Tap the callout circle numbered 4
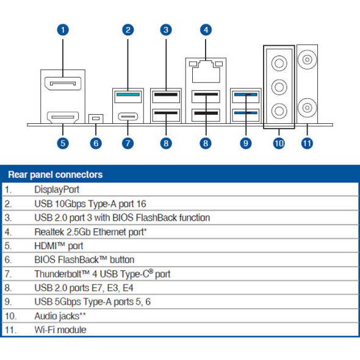tap(206, 29)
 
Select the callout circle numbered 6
tap(95, 143)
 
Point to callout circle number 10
tap(279, 143)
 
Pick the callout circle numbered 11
tap(307, 143)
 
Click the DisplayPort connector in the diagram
tap(63, 84)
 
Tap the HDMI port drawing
tap(63, 115)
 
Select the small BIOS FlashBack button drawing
tap(95, 118)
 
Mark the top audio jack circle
tap(279, 63)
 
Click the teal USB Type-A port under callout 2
tap(128, 95)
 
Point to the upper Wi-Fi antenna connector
tap(307, 61)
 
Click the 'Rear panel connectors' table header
tap(55, 175)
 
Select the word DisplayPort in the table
tap(57, 189)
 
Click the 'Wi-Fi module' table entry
tap(60, 330)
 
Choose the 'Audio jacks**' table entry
tap(60, 316)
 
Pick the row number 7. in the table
tap(9, 274)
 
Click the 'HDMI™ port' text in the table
tap(59, 246)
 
